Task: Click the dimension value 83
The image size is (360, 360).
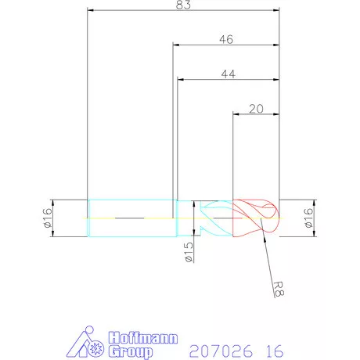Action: pos(183,5)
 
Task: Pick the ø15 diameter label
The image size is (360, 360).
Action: pos(189,254)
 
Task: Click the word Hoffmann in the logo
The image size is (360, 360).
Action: pos(141,337)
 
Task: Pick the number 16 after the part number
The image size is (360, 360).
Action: pos(273,346)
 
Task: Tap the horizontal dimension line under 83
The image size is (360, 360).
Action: pos(183,11)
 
